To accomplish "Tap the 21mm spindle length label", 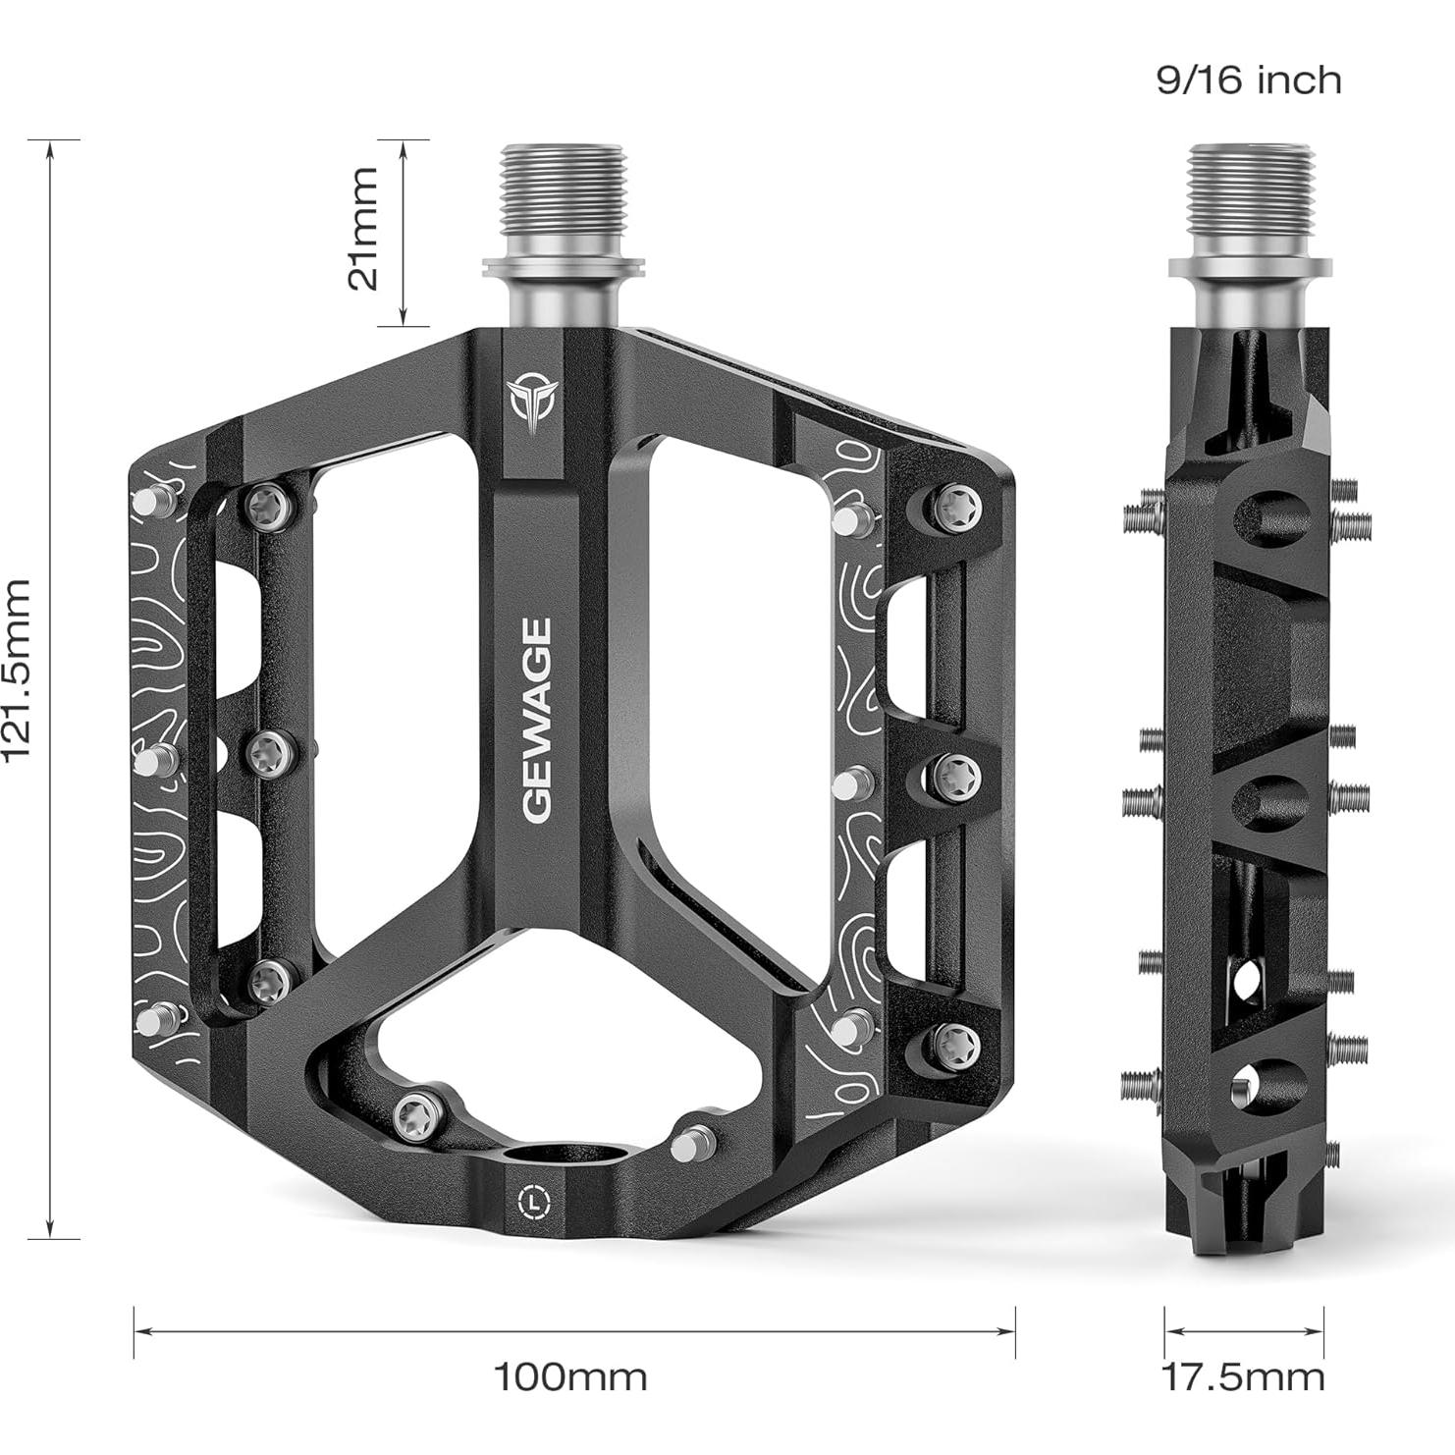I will pos(363,228).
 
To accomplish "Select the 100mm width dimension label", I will pos(569,1377).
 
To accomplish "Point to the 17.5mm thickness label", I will pos(1244,1377).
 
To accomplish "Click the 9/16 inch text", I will pos(1248,80).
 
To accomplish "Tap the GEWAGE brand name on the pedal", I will pos(537,719).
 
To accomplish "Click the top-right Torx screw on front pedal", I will pos(951,508).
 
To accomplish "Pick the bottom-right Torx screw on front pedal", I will pos(952,1045).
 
